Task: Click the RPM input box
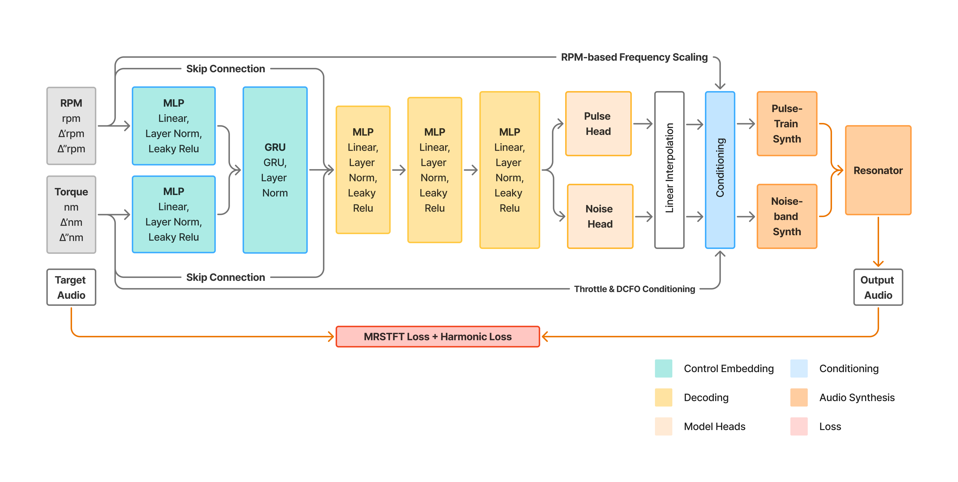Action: point(71,126)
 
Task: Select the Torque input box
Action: point(71,215)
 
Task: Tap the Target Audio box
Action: point(71,287)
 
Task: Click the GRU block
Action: point(275,170)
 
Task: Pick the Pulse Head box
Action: point(598,123)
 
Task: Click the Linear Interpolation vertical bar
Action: point(669,170)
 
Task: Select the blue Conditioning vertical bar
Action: point(720,170)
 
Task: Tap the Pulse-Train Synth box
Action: point(787,123)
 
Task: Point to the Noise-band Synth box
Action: point(787,216)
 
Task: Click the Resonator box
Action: point(878,170)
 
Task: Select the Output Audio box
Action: point(878,287)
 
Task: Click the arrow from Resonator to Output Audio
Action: point(878,242)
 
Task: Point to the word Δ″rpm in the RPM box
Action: point(71,149)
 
